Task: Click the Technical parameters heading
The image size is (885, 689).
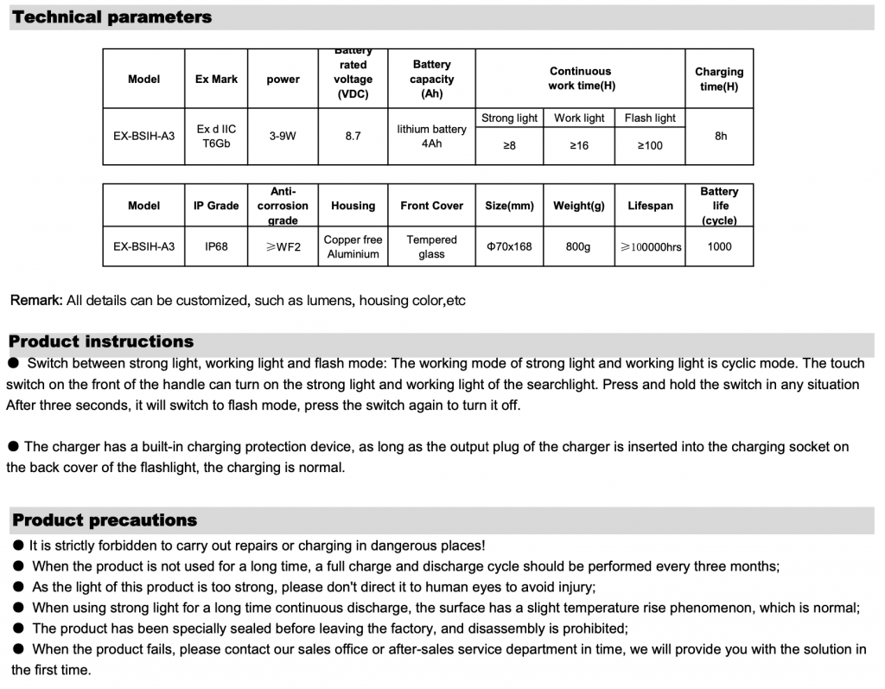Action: point(112,17)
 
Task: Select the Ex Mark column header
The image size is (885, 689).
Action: point(216,79)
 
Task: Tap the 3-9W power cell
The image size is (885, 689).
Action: point(283,136)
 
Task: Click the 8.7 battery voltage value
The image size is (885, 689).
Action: point(353,136)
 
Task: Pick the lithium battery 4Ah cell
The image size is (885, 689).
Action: point(431,136)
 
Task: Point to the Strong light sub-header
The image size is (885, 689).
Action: point(509,118)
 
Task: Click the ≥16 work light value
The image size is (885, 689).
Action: point(579,145)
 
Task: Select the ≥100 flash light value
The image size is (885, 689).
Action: point(650,145)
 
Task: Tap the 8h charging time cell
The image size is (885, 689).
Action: point(721,136)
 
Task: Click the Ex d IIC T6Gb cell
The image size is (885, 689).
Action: point(216,136)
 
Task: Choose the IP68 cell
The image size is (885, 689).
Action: point(216,246)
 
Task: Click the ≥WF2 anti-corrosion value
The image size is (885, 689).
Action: point(283,246)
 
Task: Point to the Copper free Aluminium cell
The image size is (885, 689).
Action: point(353,246)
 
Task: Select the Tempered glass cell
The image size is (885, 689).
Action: point(431,246)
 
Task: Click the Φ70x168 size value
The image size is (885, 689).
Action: point(509,246)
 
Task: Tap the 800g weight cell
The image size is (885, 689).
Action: point(578,246)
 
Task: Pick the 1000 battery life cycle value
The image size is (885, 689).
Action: point(719,246)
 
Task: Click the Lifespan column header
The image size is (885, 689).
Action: point(650,206)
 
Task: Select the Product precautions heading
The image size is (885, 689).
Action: point(105,520)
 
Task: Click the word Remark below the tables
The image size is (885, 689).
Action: point(35,301)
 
